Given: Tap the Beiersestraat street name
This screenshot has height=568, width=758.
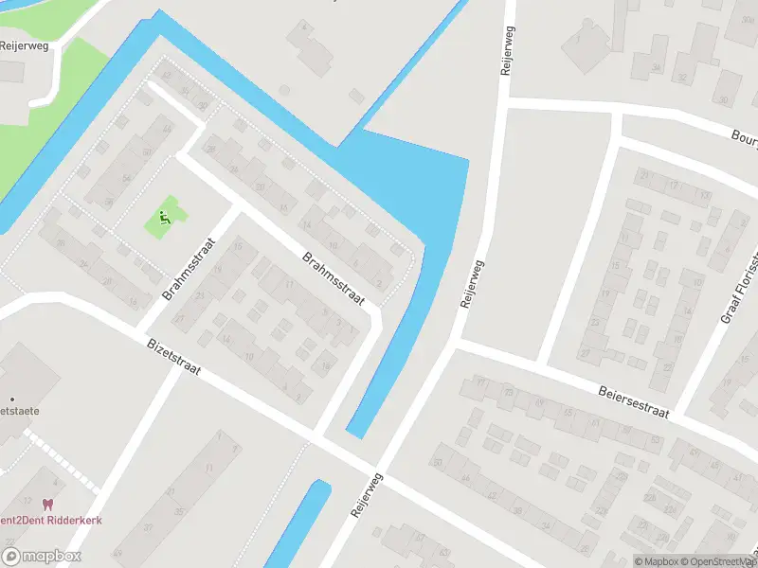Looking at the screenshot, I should (x=635, y=400).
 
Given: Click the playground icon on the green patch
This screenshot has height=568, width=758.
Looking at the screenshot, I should (x=165, y=218).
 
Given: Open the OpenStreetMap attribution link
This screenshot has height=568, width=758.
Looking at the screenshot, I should (x=718, y=561).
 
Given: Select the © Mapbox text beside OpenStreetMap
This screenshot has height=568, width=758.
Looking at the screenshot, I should (x=658, y=561).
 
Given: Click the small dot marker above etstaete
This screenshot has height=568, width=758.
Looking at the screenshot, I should (x=12, y=399).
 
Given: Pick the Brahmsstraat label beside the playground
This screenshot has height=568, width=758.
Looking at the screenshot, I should (x=190, y=269).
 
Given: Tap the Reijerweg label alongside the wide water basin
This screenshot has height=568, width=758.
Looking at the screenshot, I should (x=471, y=284).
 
